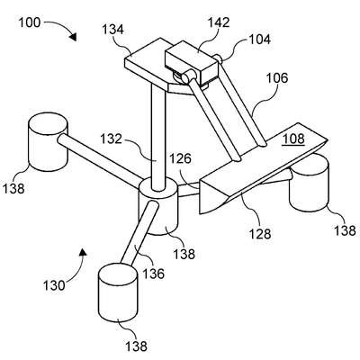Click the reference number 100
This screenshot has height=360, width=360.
click(x=30, y=22)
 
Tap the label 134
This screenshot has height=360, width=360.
click(x=112, y=30)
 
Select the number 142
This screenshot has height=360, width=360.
click(x=219, y=22)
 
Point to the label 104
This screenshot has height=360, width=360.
click(x=259, y=40)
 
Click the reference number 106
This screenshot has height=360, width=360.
click(x=277, y=78)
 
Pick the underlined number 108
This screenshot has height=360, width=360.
click(x=294, y=139)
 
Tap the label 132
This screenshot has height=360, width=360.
click(x=112, y=139)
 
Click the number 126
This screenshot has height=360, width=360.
click(x=180, y=158)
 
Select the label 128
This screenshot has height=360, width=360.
click(x=260, y=234)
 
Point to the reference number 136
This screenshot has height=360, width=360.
click(x=153, y=274)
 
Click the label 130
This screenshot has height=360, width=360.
click(x=54, y=285)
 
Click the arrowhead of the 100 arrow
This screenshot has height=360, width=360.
click(x=73, y=36)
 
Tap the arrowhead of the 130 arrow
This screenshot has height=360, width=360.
click(x=83, y=252)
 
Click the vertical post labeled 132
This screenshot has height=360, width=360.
click(x=157, y=137)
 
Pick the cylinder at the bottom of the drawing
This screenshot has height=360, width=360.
click(x=118, y=295)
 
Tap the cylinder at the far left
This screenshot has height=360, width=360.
click(x=48, y=142)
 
